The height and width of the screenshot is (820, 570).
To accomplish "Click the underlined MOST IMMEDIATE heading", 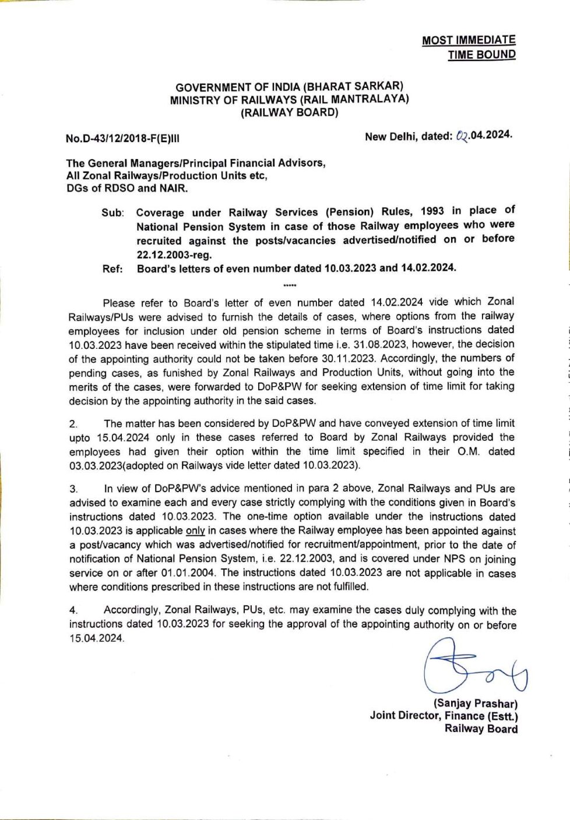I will (469, 40).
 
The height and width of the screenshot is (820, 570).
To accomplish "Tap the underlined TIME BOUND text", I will (481, 55).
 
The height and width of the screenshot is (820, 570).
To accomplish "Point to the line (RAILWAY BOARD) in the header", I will (289, 113).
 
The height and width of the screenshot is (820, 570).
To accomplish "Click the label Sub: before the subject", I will (112, 213).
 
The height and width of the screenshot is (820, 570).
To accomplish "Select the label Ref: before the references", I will (112, 269).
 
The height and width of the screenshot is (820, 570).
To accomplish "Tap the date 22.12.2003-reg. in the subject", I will (174, 255).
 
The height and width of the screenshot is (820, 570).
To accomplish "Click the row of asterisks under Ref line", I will (289, 285).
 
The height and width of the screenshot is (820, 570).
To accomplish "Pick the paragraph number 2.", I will (73, 424).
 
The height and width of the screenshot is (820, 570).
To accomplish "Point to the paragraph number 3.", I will (73, 489).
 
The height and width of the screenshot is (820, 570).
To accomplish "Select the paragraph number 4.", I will (73, 611).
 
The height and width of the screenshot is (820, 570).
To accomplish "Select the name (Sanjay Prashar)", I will (476, 704).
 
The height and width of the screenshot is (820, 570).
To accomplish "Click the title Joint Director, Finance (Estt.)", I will (444, 716).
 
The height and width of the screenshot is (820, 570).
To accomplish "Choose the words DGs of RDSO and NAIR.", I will (127, 188).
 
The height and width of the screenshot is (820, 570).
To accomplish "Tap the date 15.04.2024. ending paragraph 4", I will (97, 639).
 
